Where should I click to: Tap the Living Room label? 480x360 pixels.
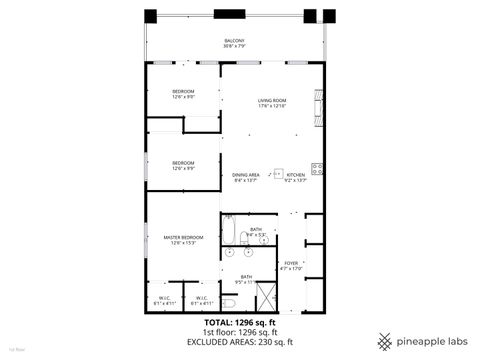pyautogui.click(x=272, y=101)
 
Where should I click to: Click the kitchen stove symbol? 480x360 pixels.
pyautogui.click(x=317, y=168)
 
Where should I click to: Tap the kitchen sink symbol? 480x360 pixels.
pyautogui.click(x=280, y=171)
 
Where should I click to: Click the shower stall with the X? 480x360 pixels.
pyautogui.click(x=266, y=296)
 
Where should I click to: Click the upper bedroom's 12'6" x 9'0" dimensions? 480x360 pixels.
pyautogui.click(x=183, y=97)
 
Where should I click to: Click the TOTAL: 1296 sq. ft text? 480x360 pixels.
pyautogui.click(x=236, y=323)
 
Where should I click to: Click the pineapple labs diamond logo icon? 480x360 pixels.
pyautogui.click(x=385, y=340)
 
